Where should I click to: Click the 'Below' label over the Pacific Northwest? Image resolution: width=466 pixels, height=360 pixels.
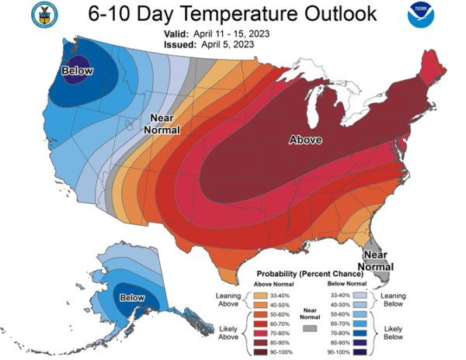[x=77, y=71]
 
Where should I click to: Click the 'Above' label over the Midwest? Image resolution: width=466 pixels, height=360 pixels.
[x=305, y=140]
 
